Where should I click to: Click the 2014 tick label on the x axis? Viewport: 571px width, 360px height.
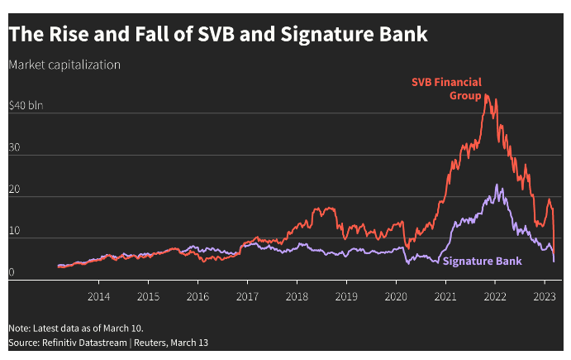pyautogui.click(x=98, y=295)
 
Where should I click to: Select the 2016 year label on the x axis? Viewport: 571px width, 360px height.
pyautogui.click(x=197, y=295)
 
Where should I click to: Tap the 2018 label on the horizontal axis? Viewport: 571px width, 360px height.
pyautogui.click(x=297, y=295)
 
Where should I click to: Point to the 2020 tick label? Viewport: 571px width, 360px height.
pyautogui.click(x=396, y=295)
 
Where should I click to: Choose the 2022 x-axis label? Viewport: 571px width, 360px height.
pyautogui.click(x=495, y=295)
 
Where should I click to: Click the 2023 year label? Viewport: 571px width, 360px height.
pyautogui.click(x=545, y=295)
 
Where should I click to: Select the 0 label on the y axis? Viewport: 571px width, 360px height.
pyautogui.click(x=12, y=272)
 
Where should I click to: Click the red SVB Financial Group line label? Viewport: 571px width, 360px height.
pyautogui.click(x=447, y=89)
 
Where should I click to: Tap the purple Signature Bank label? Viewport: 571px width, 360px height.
pyautogui.click(x=483, y=262)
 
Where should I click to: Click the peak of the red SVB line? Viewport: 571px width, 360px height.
pyautogui.click(x=486, y=95)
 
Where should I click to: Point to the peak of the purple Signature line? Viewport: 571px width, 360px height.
pyautogui.click(x=496, y=185)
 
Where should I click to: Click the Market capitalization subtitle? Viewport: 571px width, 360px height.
pyautogui.click(x=64, y=65)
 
